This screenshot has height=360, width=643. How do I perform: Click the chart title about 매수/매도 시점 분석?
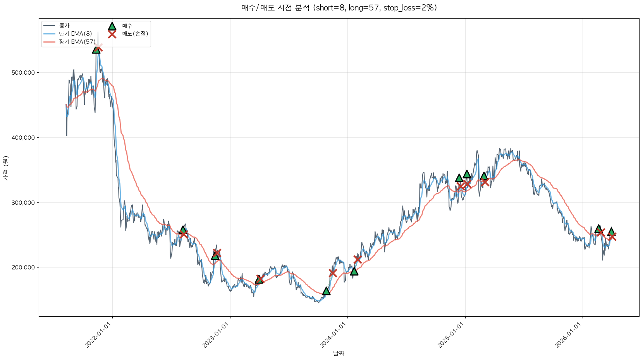pos(339,8)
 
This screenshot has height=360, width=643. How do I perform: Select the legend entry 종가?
pos(64,26)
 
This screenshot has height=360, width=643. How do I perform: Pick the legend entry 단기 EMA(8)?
pos(75,34)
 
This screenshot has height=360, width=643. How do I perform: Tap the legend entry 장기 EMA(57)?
pos(77,42)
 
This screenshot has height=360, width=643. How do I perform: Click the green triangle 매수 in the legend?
pos(112,26)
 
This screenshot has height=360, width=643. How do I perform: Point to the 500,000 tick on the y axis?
pos(24,73)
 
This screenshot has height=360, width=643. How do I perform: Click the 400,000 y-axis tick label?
pos(24,138)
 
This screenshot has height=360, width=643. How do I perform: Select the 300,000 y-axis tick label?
pos(24,203)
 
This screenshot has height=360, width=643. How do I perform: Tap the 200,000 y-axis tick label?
pos(24,267)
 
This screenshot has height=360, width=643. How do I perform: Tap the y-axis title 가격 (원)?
pos(5,168)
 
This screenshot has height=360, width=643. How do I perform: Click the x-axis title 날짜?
pos(339,353)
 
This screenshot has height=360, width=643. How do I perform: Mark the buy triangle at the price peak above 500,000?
pos(96,50)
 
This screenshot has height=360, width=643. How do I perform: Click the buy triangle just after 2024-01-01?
pos(354,271)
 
